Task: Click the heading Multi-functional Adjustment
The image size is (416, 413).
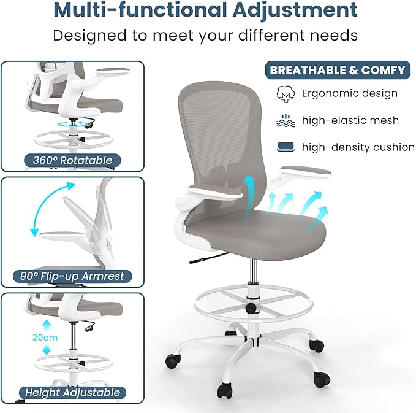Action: (x=205, y=10)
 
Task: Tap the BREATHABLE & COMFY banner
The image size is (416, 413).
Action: (x=338, y=70)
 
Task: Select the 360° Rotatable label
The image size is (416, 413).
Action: (x=69, y=161)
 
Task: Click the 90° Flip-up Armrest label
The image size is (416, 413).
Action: (x=72, y=276)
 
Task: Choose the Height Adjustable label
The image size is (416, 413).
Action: (x=72, y=392)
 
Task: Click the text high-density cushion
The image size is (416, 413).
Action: (x=358, y=147)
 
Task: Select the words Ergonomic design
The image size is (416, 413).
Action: (x=350, y=94)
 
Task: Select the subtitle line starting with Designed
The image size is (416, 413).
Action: (x=205, y=35)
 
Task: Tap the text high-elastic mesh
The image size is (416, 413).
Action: (x=350, y=120)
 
